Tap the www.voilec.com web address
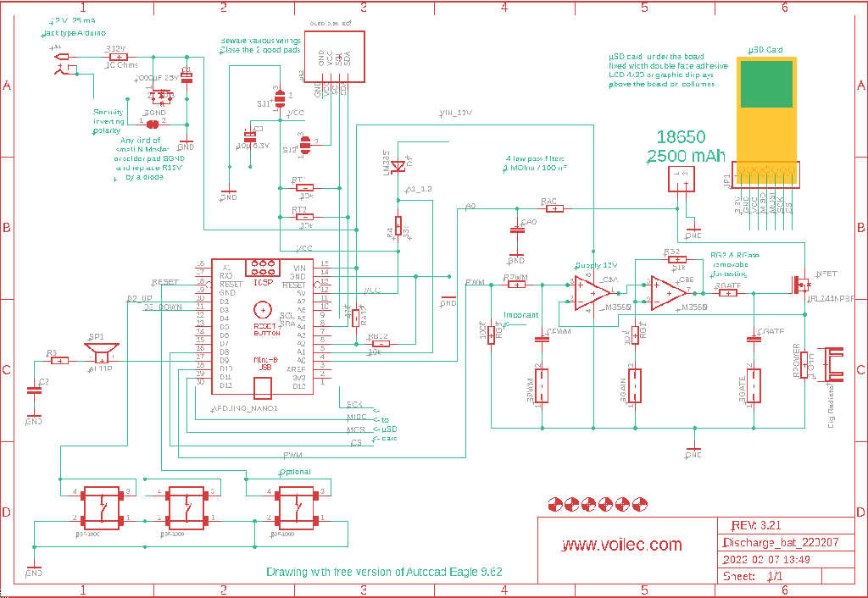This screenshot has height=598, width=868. pos(622,545)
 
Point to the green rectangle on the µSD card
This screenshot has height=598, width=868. pos(766,84)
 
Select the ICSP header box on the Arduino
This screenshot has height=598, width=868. pos(263,268)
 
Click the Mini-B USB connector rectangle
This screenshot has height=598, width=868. pos(264,387)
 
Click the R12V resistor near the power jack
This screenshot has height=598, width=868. pos(114,57)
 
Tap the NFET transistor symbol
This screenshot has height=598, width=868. pos(799,284)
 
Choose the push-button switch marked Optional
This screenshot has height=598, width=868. pos(297,507)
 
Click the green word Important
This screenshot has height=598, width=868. pos(520,315)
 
